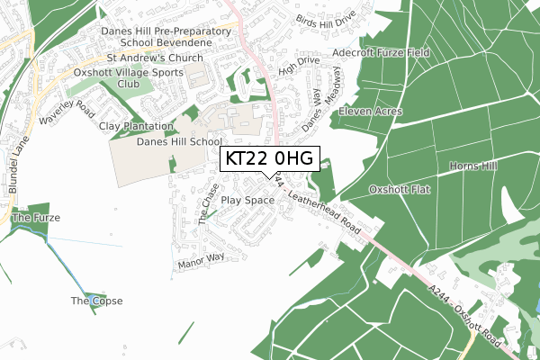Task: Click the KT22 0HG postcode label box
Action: point(270,159)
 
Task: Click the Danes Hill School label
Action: point(179,142)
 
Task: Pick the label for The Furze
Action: point(34,218)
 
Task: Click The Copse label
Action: point(96,301)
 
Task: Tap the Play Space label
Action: point(247,201)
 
